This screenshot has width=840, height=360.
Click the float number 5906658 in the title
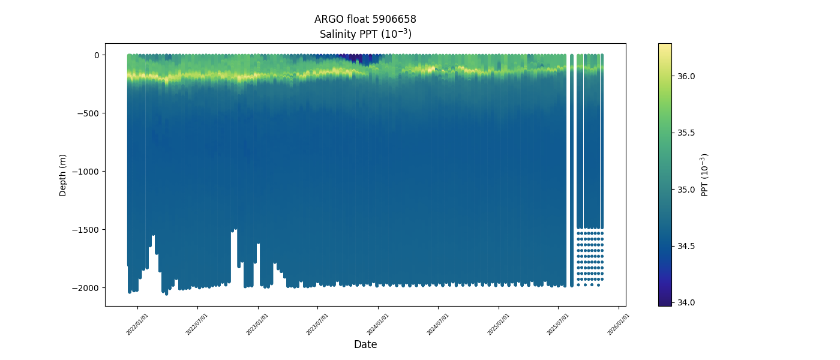[x=391, y=19]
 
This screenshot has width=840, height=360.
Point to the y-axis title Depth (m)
[x=63, y=175]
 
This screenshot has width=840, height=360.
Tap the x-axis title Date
[x=365, y=344]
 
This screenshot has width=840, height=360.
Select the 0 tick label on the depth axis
[x=96, y=55]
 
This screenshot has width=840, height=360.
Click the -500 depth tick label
[x=88, y=113]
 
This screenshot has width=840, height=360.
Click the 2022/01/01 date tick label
[x=137, y=324]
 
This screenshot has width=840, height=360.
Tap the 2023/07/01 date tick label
[x=317, y=324]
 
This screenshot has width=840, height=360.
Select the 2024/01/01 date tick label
[x=377, y=324]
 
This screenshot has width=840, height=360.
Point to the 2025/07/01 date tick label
[x=558, y=324]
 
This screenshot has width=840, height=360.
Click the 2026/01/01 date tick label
[x=618, y=324]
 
